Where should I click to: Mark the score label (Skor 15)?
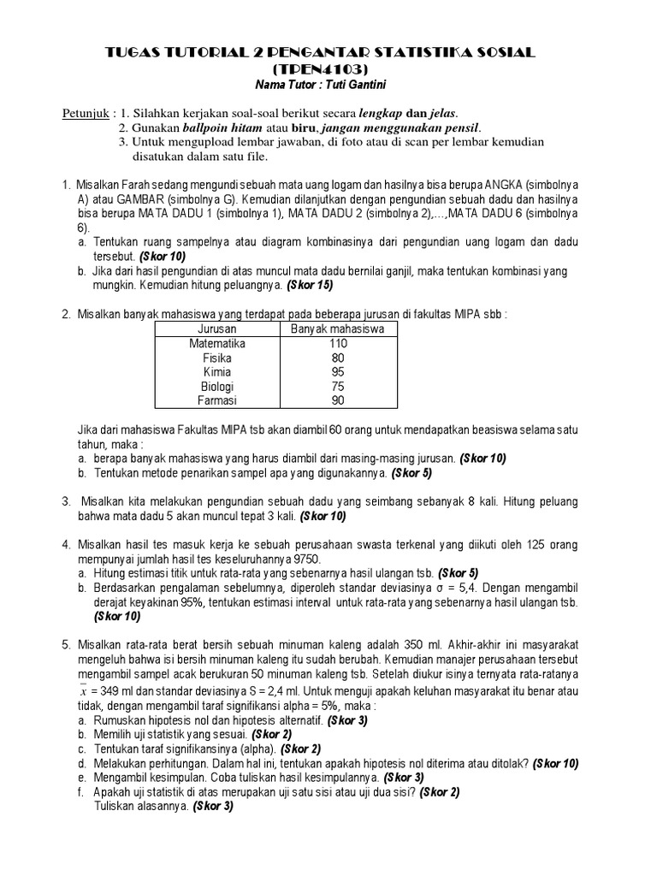(x=311, y=285)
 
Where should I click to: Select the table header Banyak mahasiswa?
(x=338, y=328)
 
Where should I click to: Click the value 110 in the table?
(x=338, y=343)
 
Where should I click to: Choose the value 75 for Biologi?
(x=338, y=387)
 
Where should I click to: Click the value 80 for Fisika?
(x=338, y=358)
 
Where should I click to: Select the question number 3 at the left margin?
(x=66, y=501)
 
